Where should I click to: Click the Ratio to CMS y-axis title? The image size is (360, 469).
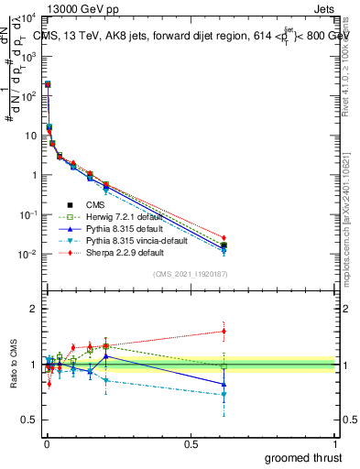(x=14, y=365)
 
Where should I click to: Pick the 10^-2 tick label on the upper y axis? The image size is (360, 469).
(x=27, y=255)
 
